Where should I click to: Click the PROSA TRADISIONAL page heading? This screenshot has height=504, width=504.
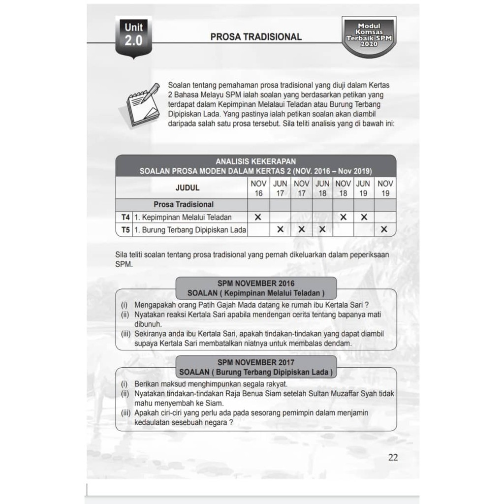click(x=256, y=37)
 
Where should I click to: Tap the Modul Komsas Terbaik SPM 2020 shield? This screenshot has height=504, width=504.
click(x=369, y=37)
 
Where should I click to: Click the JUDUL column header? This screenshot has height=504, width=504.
click(x=188, y=188)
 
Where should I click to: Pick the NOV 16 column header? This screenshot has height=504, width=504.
click(x=258, y=188)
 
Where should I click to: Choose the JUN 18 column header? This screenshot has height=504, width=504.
click(x=322, y=188)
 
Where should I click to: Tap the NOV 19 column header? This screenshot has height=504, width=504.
click(x=385, y=188)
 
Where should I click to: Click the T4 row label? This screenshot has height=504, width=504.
click(x=125, y=217)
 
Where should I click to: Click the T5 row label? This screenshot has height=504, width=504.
click(x=125, y=229)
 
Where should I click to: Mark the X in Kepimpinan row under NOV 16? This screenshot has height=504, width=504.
click(x=258, y=217)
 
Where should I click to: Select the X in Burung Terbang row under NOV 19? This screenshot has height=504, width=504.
click(x=384, y=229)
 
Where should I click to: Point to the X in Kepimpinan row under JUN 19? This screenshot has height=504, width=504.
click(x=364, y=217)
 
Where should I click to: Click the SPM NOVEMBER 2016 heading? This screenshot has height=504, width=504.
click(x=256, y=284)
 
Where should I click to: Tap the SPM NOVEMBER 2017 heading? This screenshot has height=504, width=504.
click(x=256, y=363)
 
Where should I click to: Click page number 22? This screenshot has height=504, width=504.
click(x=393, y=457)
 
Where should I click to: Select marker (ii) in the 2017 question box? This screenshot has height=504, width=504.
click(x=125, y=394)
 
